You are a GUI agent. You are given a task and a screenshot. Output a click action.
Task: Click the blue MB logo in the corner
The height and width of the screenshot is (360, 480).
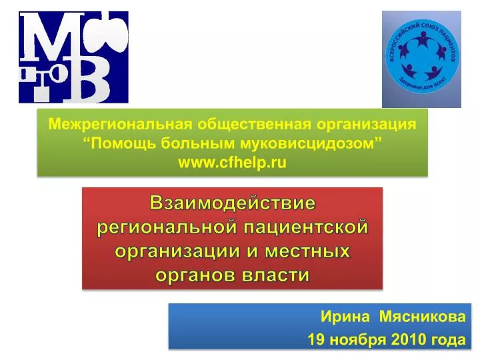click(x=73, y=57)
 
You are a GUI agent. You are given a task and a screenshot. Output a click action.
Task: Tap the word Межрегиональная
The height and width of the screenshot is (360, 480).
click(x=120, y=124)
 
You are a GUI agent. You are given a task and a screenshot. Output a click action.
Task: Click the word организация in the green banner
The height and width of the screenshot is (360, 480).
click(x=367, y=125)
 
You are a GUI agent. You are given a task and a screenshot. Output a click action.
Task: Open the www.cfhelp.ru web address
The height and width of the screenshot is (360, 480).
click(x=233, y=162)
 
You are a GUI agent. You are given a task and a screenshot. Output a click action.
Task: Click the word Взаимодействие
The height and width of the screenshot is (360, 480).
click(x=233, y=203)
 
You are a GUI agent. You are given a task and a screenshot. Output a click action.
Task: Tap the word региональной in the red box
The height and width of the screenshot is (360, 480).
click(x=167, y=228)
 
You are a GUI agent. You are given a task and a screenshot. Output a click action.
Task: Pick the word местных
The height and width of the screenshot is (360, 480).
click(x=307, y=251)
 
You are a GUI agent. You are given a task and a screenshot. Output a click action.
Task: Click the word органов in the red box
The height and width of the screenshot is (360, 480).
click(x=196, y=275)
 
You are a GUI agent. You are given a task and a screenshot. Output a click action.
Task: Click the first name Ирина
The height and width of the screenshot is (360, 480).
click(x=345, y=316)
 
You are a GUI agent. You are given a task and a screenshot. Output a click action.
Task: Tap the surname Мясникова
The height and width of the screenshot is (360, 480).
click(x=423, y=316)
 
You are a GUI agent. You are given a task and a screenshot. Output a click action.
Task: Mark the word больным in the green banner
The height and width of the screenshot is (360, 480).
click(x=198, y=143)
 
